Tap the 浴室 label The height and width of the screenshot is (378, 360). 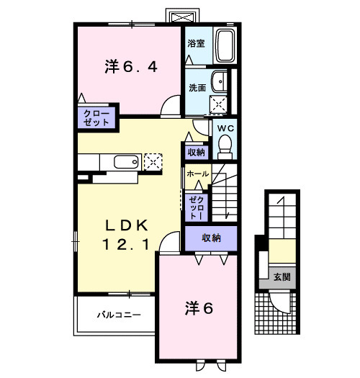tap(196, 43)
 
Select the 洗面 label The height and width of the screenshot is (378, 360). tap(197, 87)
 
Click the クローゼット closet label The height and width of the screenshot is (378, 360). tap(96, 118)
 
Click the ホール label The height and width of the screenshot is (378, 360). tap(197, 174)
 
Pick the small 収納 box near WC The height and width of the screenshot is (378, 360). tap(196, 152)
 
